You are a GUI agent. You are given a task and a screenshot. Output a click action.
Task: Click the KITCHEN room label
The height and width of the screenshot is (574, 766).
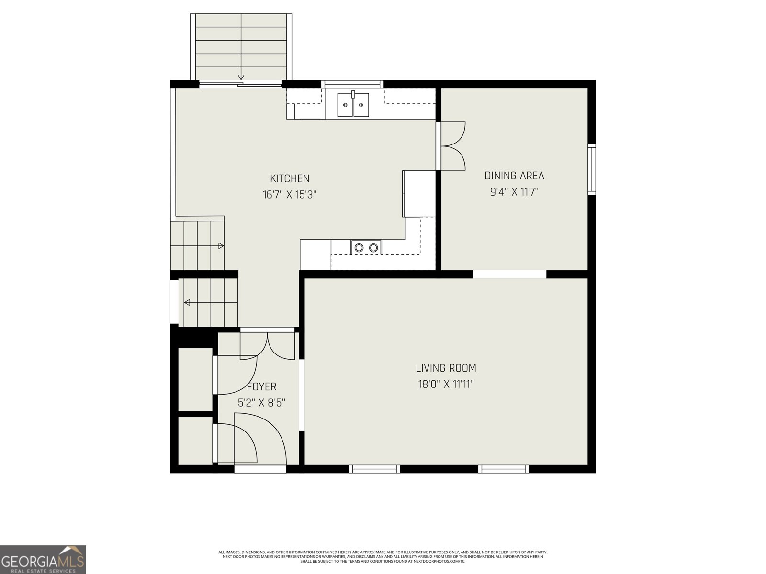[x=290, y=178]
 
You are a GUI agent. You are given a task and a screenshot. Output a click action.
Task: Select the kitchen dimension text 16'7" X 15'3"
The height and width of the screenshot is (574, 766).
[x=290, y=195]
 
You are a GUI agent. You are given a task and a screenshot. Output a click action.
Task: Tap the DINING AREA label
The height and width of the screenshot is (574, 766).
[x=514, y=176]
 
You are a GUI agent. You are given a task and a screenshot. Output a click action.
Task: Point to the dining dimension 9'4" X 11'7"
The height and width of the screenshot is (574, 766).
[x=514, y=192]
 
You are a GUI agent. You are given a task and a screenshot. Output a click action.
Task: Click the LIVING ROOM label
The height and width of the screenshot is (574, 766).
[x=446, y=368]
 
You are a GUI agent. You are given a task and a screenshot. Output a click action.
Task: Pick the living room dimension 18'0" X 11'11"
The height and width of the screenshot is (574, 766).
[x=446, y=384]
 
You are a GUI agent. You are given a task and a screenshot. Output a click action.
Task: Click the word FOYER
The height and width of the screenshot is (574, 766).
[x=262, y=386]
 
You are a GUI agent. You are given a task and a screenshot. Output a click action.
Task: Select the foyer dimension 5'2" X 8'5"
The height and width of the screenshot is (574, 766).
[x=262, y=403]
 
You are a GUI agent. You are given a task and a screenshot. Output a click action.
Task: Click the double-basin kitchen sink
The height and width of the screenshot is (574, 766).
[x=353, y=105]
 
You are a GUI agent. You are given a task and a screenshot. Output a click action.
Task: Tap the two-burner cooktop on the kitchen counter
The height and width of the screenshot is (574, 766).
[x=366, y=247]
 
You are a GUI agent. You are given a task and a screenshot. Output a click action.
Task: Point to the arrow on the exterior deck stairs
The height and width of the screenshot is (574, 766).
[x=241, y=77]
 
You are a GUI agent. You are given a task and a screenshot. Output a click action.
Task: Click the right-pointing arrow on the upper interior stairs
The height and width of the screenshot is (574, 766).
[x=221, y=246]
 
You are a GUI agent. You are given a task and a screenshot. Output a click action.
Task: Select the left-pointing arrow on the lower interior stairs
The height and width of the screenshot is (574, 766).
[x=187, y=302]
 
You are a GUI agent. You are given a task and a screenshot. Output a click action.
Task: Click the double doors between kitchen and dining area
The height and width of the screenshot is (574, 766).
[x=452, y=146]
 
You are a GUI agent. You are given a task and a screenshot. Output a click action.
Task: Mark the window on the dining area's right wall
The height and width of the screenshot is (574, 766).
[x=592, y=169]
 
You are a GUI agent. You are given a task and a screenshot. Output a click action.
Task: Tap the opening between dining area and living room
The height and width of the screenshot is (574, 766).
[x=509, y=274]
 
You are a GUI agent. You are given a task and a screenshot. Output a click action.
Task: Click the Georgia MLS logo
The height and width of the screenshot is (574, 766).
[x=43, y=560]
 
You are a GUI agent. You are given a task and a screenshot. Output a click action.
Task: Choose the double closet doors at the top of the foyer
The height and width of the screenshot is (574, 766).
[x=268, y=345]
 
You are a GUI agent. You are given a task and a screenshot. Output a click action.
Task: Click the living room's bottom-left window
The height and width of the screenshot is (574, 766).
[x=374, y=469]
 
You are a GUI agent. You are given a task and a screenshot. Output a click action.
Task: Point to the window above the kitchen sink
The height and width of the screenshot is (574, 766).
[x=352, y=85]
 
